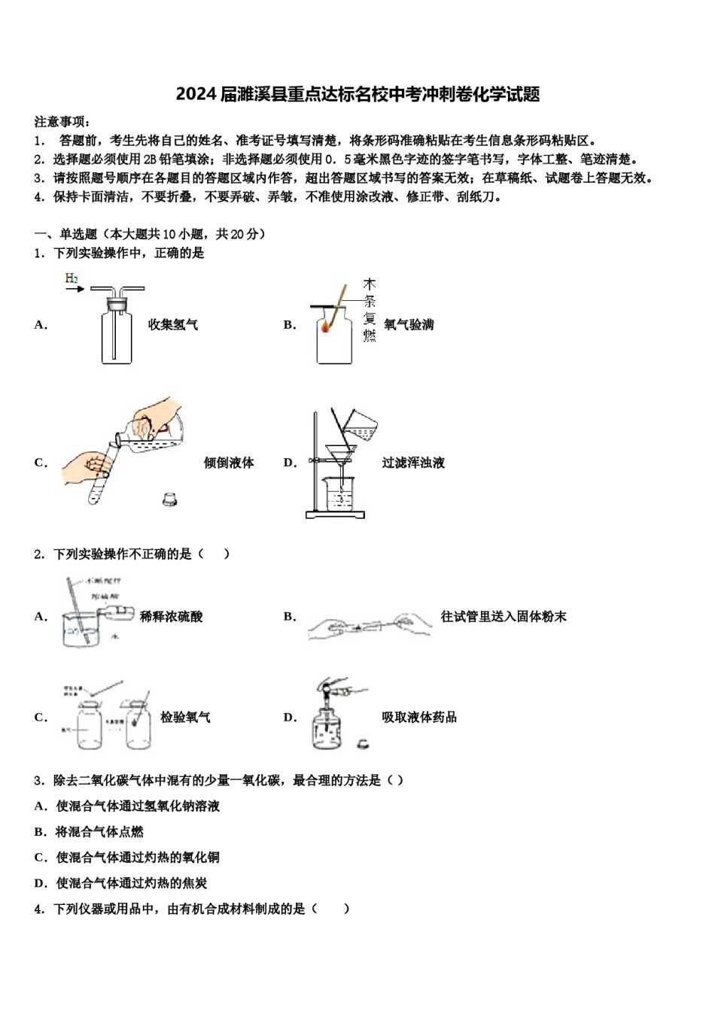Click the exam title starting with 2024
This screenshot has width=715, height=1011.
pyautogui.click(x=357, y=94)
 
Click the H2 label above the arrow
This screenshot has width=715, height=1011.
pyautogui.click(x=71, y=278)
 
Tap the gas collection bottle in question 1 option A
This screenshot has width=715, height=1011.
pyautogui.click(x=116, y=335)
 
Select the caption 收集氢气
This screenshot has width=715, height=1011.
pyautogui.click(x=173, y=325)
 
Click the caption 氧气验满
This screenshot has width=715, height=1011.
pyautogui.click(x=409, y=325)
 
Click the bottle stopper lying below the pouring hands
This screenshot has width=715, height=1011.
pyautogui.click(x=171, y=499)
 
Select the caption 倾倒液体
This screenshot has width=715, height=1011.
pyautogui.click(x=229, y=463)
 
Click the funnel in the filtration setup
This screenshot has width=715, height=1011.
pyautogui.click(x=340, y=453)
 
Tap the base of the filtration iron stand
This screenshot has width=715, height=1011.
pyautogui.click(x=335, y=515)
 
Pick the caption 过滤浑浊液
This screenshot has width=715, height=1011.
pyautogui.click(x=413, y=463)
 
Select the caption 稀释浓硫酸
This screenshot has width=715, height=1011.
pyautogui.click(x=172, y=617)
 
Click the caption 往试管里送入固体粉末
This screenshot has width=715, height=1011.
pyautogui.click(x=504, y=617)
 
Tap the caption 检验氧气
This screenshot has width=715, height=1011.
pyautogui.click(x=185, y=718)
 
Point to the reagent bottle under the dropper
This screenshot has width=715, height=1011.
pyautogui.click(x=326, y=730)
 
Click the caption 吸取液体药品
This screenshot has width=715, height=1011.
pyautogui.click(x=419, y=718)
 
